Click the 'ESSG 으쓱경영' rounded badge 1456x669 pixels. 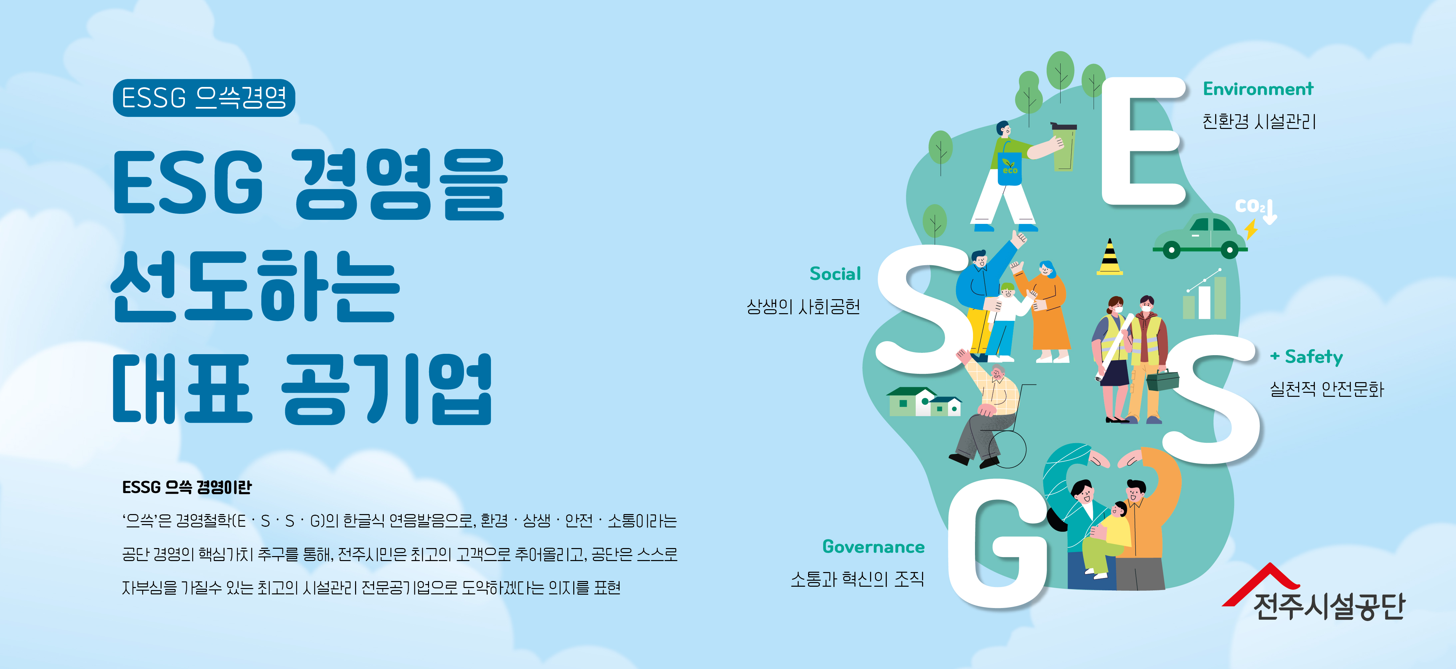click(x=204, y=98)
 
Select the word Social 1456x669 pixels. click(x=835, y=274)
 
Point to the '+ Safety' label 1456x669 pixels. click(x=1306, y=357)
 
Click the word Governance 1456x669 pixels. click(x=873, y=547)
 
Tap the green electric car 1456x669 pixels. click(x=1200, y=237)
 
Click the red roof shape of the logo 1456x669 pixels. click(x=1261, y=582)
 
